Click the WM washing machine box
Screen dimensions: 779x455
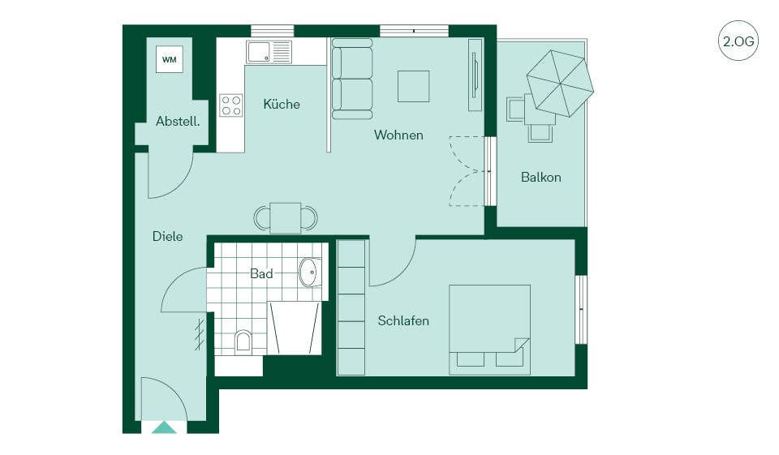169,59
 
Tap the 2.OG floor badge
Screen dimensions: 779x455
738,41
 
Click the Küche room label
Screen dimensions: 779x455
282,105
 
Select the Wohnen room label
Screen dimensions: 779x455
398,135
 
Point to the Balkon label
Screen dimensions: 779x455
541,178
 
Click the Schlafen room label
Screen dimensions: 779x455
403,321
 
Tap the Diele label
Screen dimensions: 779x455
167,237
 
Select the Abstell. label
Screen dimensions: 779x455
178,121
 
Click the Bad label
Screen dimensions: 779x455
261,273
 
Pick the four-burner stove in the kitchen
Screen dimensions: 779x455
231,105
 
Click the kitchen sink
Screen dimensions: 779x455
269,52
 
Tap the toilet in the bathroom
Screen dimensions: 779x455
243,341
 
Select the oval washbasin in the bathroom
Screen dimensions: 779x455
311,273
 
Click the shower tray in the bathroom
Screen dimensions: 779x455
294,328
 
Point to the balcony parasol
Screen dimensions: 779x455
560,83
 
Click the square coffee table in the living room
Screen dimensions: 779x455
413,86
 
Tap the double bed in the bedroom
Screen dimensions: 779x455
490,329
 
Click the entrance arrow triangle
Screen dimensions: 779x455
164,427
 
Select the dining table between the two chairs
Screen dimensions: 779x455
286,217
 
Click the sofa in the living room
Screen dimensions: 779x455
351,79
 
